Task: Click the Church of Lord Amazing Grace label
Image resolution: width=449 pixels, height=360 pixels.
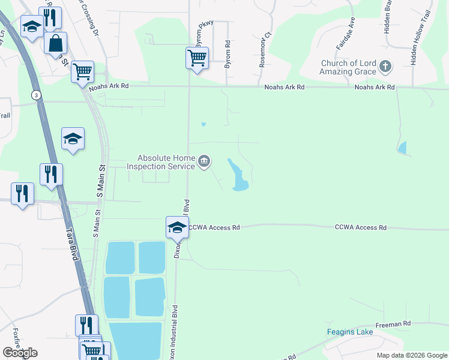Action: [x=348, y=68]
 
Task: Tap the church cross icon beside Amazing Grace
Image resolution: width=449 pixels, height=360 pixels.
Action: [x=385, y=66]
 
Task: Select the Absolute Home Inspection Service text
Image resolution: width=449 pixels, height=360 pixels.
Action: [x=162, y=163]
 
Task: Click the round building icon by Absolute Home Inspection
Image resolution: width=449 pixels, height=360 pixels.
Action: [x=204, y=161]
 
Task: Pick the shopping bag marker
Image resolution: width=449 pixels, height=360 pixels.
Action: [x=55, y=44]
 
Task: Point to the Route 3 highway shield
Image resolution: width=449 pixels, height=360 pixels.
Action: [x=37, y=95]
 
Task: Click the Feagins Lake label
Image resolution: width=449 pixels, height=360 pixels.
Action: [x=350, y=332]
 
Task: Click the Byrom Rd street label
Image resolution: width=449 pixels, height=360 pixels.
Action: [x=228, y=54]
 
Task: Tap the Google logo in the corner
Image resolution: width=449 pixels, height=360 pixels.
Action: [x=20, y=353]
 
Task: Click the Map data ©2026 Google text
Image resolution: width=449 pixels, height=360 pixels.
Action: [x=411, y=355]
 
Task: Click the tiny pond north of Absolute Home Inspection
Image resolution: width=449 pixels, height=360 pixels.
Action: [x=203, y=125]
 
